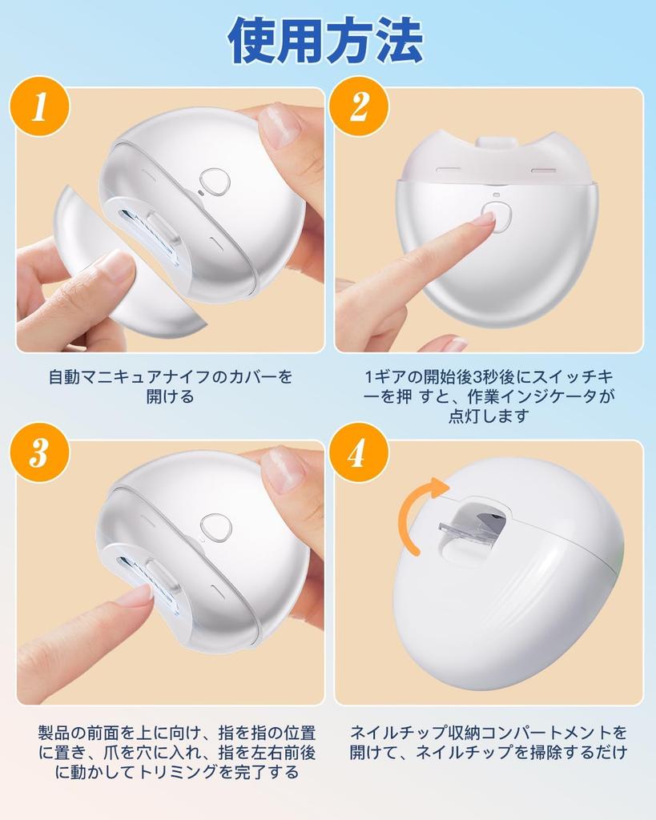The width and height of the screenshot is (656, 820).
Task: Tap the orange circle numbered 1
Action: (39, 107)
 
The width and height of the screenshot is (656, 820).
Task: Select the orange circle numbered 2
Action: (358, 107)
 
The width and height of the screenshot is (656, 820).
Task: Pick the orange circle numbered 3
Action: (39, 452)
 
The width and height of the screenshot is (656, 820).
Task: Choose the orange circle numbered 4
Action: (358, 452)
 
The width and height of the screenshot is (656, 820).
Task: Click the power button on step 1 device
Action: (215, 182)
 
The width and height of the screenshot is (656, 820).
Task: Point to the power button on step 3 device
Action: (216, 528)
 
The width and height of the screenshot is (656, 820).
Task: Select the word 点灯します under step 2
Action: (489, 416)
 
